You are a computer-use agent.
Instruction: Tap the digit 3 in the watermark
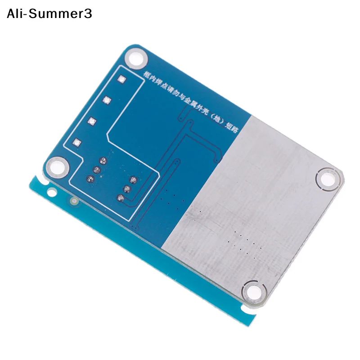coord(88,14)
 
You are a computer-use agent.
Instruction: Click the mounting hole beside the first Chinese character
coord(136,58)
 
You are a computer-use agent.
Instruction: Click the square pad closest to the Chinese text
coord(121,80)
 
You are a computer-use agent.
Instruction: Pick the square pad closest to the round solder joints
coord(77,143)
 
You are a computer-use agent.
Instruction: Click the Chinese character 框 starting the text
coord(147,74)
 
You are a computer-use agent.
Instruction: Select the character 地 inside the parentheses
coord(217,120)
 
